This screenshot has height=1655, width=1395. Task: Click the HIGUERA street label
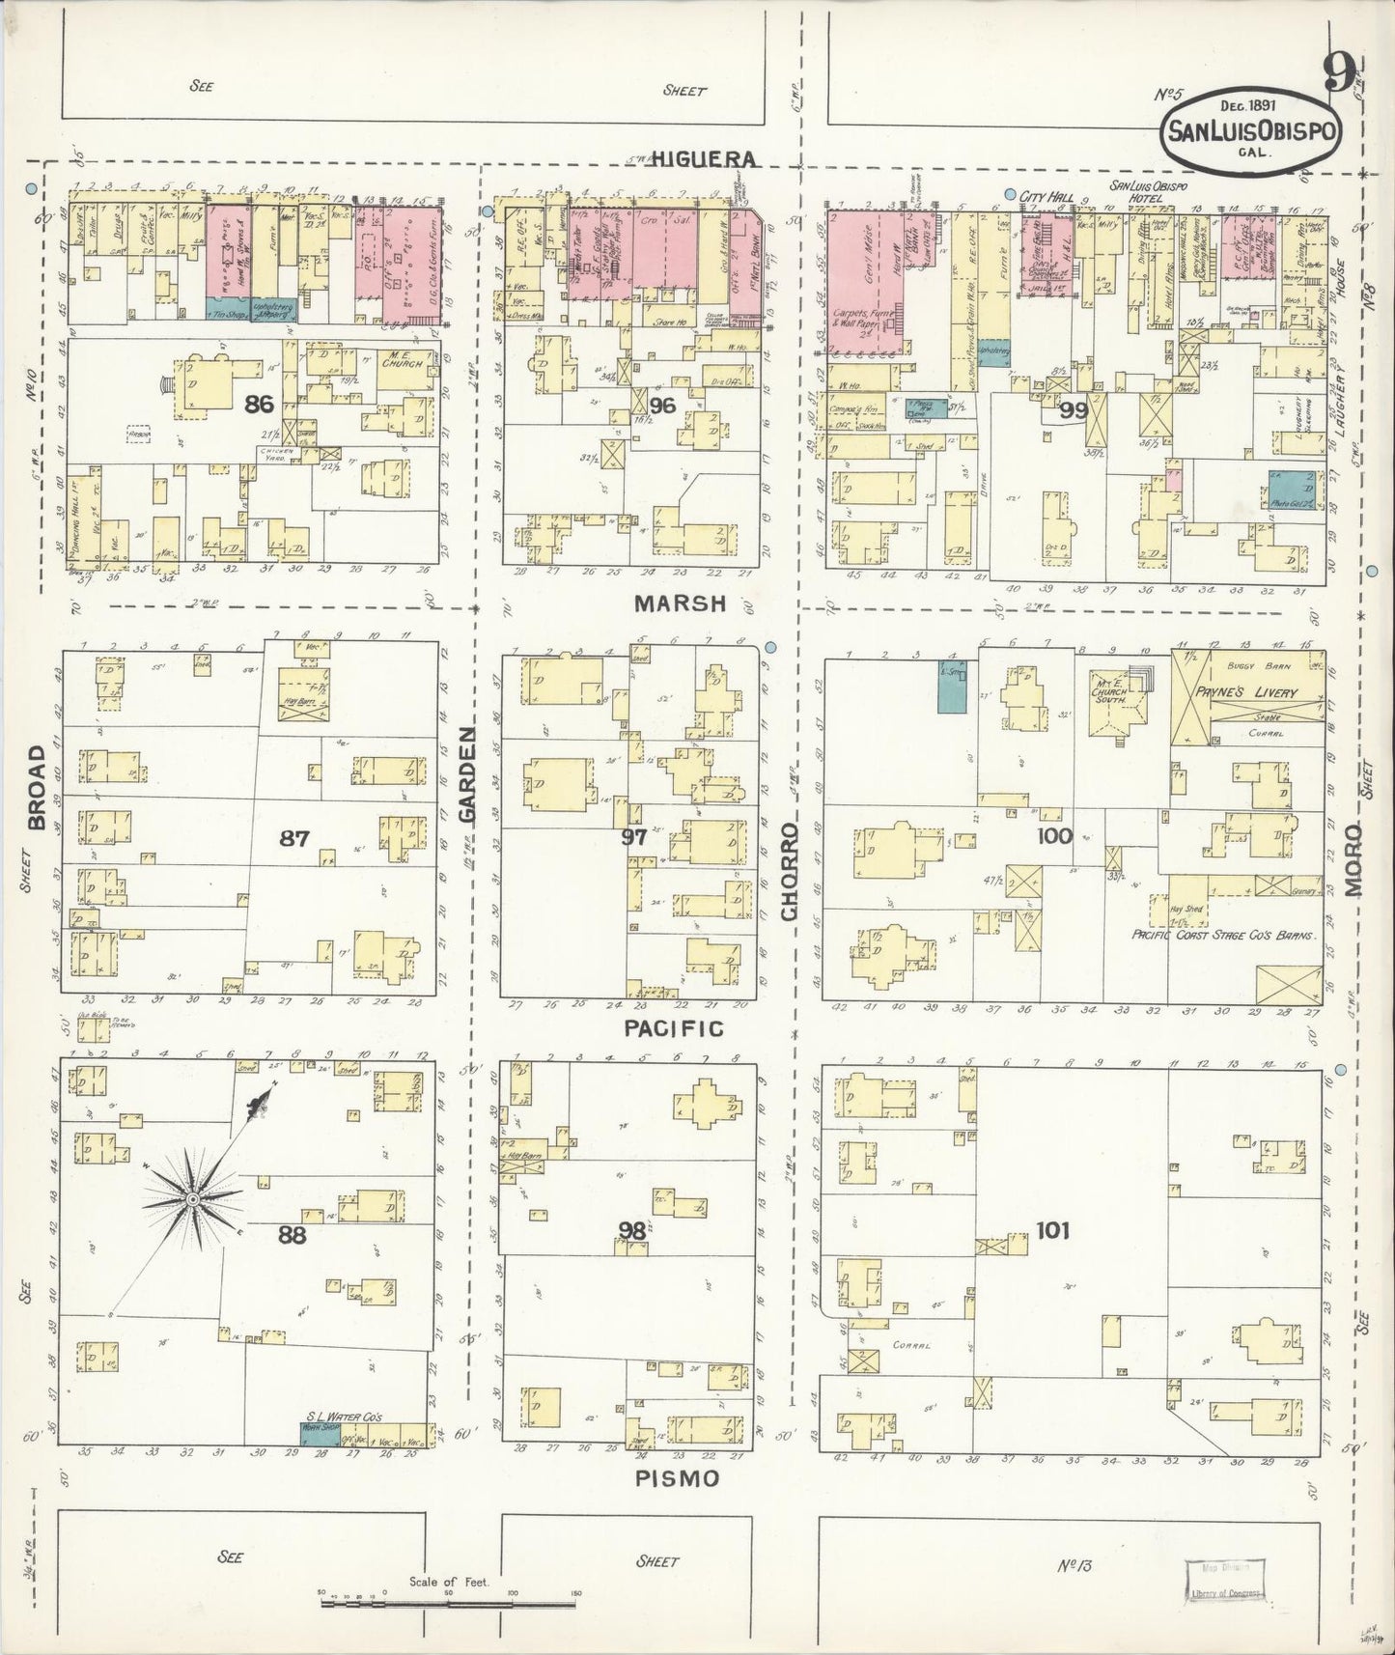pos(701,158)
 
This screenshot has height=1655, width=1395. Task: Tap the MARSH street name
pos(680,604)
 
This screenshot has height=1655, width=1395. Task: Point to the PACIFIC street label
pos(673,1029)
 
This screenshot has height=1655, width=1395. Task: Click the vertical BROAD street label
pos(38,786)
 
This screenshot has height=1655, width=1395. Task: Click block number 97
pos(633,837)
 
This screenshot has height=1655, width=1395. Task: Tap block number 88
pos(292,1235)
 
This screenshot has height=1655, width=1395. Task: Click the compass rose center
pos(193,1198)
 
